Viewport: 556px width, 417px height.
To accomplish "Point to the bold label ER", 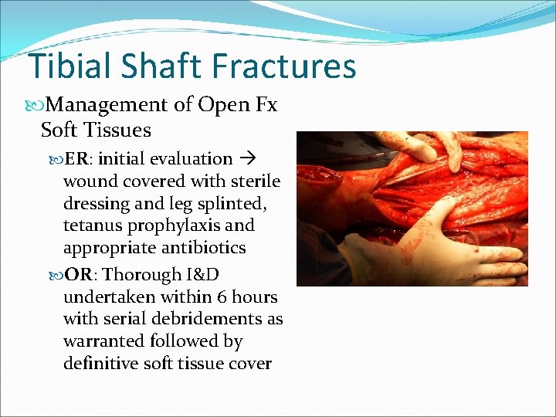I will click(x=76, y=159).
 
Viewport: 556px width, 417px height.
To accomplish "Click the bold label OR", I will click(x=79, y=274).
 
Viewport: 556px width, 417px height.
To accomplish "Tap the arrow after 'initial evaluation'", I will click(x=246, y=159).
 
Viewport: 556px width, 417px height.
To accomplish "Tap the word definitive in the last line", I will click(x=100, y=363).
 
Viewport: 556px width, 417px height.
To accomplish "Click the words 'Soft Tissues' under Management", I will click(x=96, y=129).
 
